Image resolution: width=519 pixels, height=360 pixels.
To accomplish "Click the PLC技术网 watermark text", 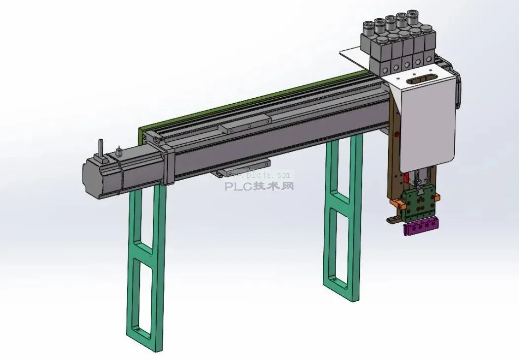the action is [259, 187].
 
